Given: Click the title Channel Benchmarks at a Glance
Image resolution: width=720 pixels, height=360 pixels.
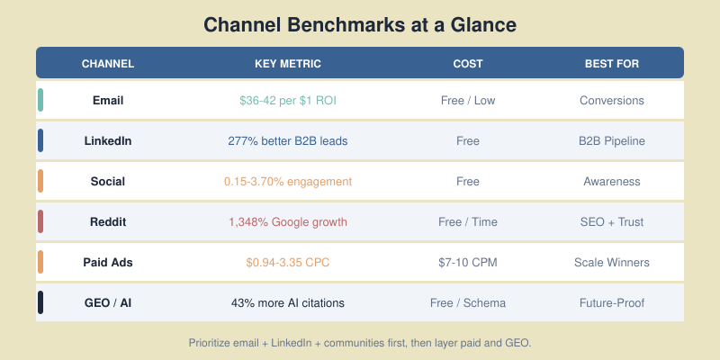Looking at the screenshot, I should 360,24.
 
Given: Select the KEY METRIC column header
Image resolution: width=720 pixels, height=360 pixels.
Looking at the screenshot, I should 288,64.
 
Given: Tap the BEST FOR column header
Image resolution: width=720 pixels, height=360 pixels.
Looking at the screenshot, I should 612,64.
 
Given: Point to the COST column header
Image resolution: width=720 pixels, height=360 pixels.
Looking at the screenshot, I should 468,64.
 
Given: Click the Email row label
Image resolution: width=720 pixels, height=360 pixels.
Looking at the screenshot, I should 108,100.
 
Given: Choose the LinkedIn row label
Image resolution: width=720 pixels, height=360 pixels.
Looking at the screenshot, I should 108,140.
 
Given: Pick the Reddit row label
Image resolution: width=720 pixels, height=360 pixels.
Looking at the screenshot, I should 108,221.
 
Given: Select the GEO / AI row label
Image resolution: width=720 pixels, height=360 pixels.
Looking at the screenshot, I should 108,302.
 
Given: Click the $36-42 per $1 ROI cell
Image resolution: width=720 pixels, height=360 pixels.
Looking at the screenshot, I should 288,100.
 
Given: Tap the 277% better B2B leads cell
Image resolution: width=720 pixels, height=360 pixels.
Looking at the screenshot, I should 288,140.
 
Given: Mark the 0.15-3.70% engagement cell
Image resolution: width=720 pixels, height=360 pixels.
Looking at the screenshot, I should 288,181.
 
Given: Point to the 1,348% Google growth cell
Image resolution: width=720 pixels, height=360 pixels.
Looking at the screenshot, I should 288,221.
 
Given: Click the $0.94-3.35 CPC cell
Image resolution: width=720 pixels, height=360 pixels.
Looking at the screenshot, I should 288,262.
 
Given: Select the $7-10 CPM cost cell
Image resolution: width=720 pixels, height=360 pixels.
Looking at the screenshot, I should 468,262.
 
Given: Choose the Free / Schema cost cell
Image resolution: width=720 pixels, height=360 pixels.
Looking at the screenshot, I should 468,302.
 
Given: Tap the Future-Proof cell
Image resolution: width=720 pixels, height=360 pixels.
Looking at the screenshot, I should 612,302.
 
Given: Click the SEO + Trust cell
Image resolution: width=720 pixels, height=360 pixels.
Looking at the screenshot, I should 612,221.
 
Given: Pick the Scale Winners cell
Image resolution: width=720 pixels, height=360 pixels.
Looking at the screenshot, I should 612,262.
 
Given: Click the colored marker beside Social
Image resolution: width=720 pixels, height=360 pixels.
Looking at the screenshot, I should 40,181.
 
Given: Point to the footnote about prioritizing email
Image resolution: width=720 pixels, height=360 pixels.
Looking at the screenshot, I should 360,343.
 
